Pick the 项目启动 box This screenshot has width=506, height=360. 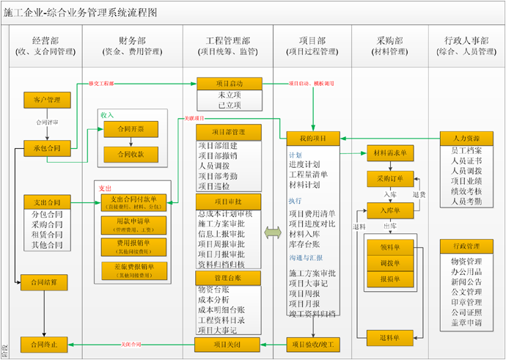click(230, 84)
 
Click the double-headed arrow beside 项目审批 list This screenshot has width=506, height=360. click(273, 232)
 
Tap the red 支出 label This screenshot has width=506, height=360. click(106, 188)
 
